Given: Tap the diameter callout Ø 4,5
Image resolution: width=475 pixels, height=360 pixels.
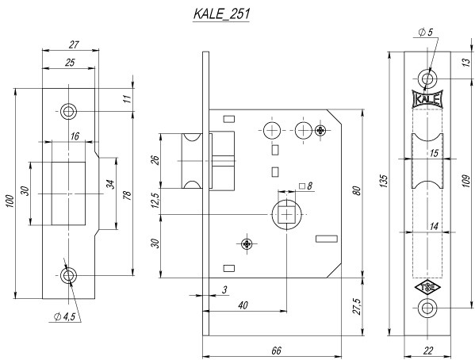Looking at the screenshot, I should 64,317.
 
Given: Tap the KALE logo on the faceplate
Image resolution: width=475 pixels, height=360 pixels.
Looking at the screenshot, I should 427,100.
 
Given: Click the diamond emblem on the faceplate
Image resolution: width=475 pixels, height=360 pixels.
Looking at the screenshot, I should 427,288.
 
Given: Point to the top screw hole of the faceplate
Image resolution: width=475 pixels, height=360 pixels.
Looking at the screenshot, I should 427,79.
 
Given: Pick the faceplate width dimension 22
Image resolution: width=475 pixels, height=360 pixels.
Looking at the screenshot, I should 427,350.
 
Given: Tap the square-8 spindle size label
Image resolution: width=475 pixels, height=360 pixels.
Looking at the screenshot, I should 307,187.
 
